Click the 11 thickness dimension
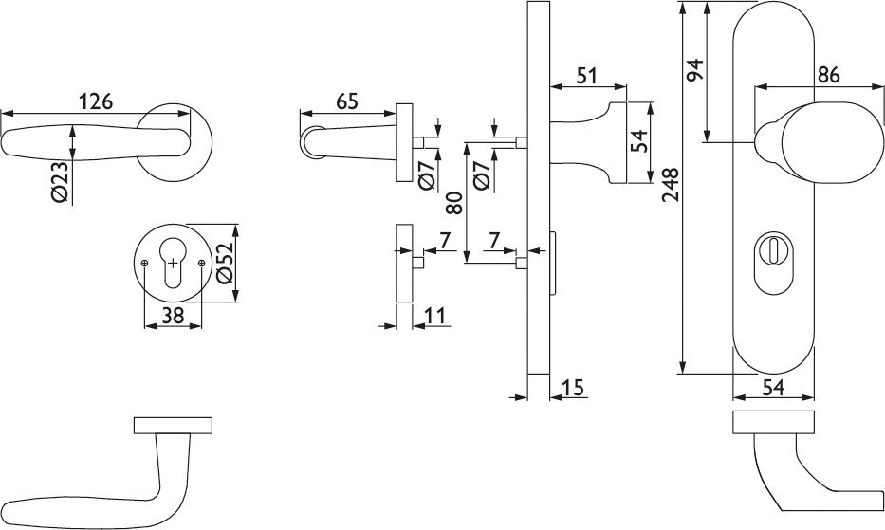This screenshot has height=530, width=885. click(x=435, y=316)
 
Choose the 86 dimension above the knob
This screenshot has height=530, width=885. click(x=828, y=77)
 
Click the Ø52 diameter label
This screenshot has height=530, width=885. click(x=225, y=264)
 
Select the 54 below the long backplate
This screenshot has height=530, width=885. click(x=773, y=387)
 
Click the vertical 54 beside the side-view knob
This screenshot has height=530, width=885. click(x=639, y=141)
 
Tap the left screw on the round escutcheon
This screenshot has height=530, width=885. click(x=144, y=263)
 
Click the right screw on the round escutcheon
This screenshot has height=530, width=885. click(x=201, y=263)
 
